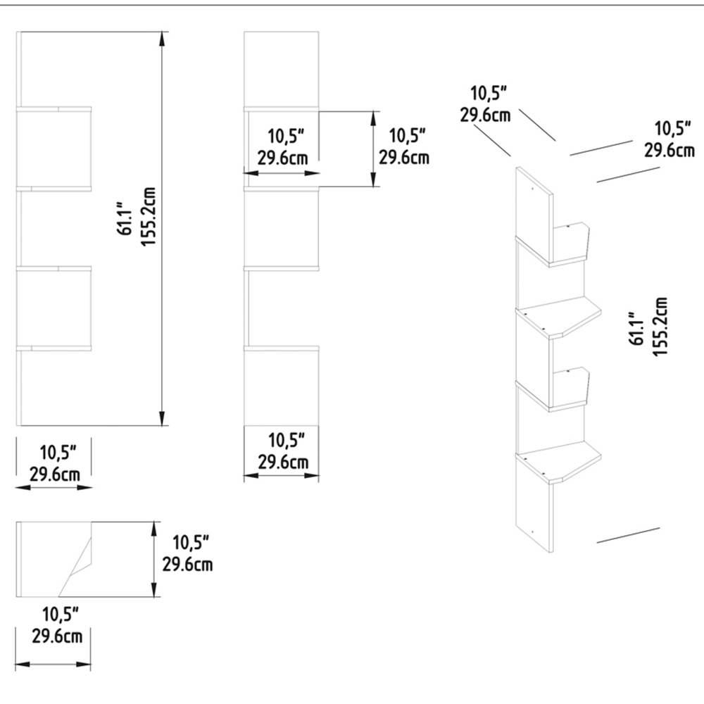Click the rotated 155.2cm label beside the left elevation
click(x=148, y=216)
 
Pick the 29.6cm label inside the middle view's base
click(x=282, y=462)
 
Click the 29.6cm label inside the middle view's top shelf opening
click(x=282, y=157)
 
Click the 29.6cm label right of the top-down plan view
click(x=188, y=563)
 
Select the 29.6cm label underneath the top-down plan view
click(x=56, y=636)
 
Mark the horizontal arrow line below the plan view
click(x=54, y=665)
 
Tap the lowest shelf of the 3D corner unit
click(x=560, y=465)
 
